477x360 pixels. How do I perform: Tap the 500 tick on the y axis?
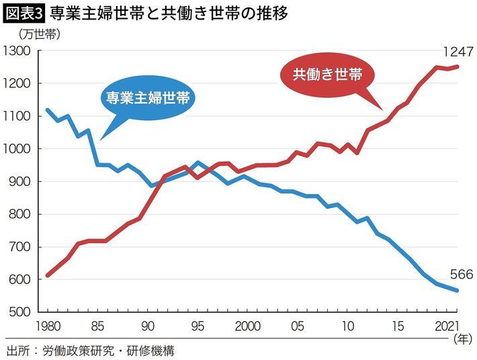click(20, 313)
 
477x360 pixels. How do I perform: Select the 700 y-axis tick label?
click(20, 248)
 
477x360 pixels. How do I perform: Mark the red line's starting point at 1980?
click(47, 275)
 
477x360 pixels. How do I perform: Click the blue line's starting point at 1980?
click(47, 109)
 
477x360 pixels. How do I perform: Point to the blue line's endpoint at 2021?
click(458, 291)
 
